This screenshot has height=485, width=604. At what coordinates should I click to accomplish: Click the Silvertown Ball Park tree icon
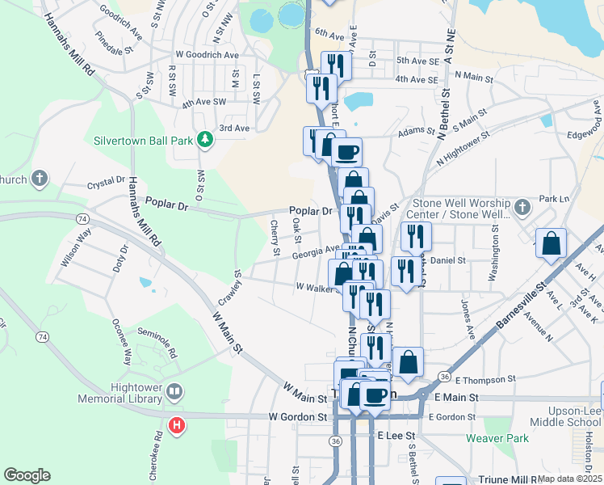coord(206,140)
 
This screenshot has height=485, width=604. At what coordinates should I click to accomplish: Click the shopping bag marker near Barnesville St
coord(551,243)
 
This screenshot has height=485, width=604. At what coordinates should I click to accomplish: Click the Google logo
coord(27,475)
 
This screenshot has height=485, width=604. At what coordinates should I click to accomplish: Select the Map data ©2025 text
coord(568,478)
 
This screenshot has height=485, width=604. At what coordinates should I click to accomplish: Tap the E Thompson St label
coord(484,378)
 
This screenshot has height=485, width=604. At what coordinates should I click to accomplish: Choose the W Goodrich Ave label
coord(202,55)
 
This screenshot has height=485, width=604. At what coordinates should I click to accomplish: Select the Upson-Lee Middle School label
coord(566,416)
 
